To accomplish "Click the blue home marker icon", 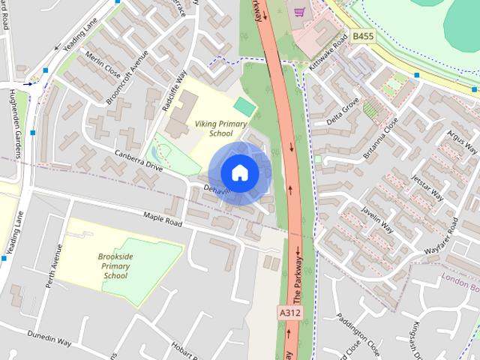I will pos(239,173).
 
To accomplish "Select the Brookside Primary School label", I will pos(115,265).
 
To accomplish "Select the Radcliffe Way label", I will pos(173,91).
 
